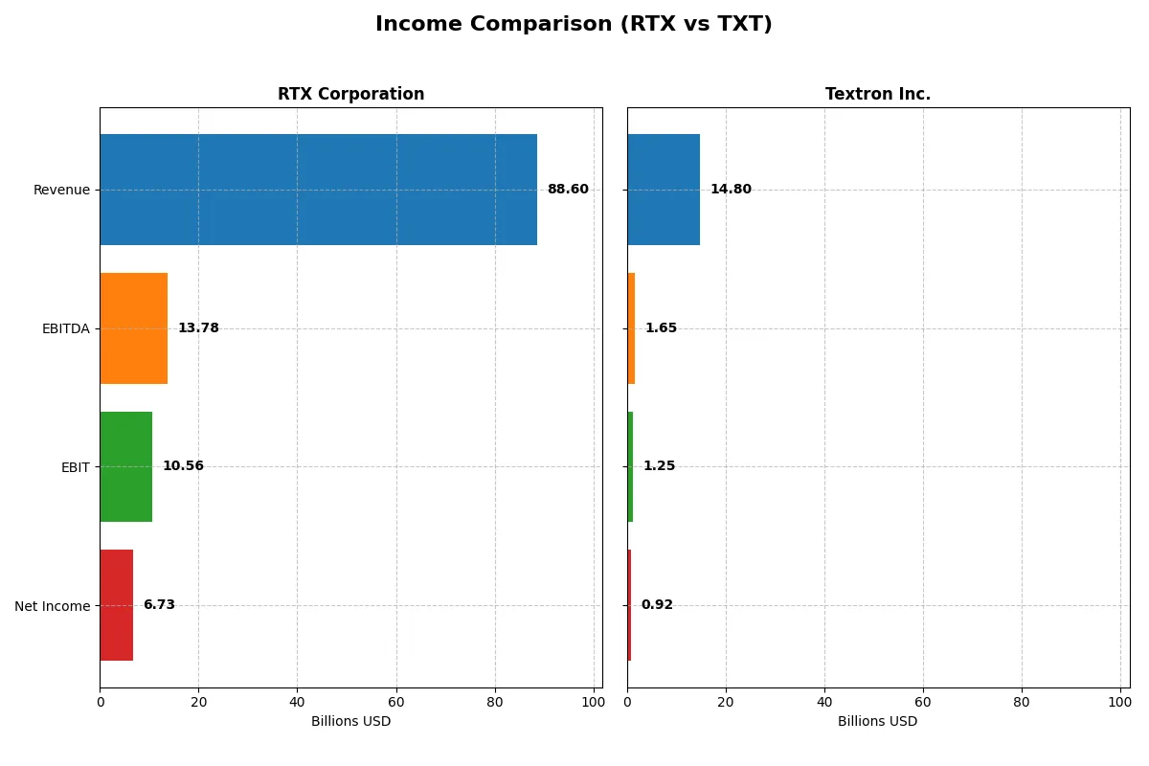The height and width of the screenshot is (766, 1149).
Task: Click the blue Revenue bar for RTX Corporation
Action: point(318,190)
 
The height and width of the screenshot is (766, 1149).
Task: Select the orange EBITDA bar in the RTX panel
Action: point(134,328)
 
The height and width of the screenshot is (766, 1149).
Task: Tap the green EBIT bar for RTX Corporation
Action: point(125,467)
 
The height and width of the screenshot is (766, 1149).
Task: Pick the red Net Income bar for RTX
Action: point(116,605)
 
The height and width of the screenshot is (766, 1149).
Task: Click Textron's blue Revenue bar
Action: point(664,190)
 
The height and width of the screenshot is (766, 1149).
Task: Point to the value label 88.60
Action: point(568,190)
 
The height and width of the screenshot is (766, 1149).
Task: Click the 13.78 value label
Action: point(198,328)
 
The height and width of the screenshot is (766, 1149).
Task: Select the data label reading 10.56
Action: point(183,466)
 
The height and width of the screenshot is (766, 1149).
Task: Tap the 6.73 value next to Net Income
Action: point(159,605)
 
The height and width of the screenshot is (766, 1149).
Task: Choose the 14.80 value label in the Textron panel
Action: point(731,190)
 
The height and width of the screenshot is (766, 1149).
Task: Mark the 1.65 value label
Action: point(661,328)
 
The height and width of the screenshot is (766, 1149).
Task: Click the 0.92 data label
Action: point(657,605)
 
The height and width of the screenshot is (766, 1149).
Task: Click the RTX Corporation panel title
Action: point(350,95)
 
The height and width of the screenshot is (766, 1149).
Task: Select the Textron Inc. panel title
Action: point(878,95)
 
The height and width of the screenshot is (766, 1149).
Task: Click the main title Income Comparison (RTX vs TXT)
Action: point(574,25)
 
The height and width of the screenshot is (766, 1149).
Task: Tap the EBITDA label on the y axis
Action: point(65,328)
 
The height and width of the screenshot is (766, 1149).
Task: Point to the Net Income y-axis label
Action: point(52,606)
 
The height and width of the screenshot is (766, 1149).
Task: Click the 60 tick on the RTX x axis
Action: point(396,701)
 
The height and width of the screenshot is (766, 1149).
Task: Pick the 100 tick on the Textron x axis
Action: point(1120,701)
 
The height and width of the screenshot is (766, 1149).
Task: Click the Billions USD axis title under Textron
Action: point(877,722)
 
